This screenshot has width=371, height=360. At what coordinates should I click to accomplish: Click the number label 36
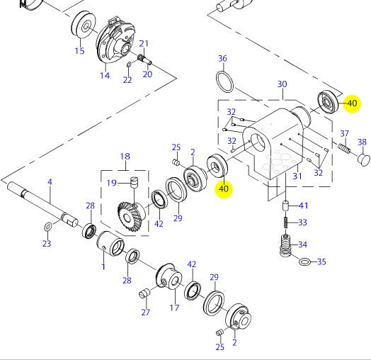[x=222, y=58]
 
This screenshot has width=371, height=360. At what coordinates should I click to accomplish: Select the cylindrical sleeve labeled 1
[x=111, y=244]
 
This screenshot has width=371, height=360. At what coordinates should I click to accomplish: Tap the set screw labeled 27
[x=147, y=293]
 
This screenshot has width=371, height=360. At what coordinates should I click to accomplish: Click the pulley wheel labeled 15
[x=84, y=28]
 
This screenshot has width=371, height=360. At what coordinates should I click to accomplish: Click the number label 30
[x=282, y=84]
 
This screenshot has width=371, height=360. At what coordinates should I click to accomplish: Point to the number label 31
[x=297, y=176]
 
